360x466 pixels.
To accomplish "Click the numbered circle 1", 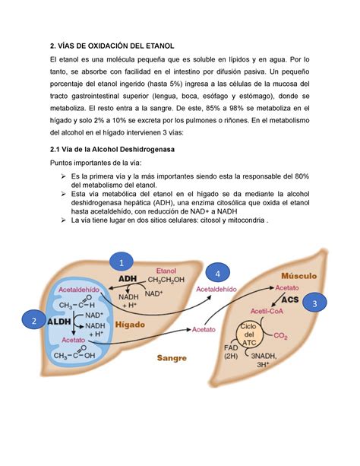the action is pyautogui.click(x=118, y=262).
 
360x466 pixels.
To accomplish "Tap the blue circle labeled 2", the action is pyautogui.click(x=33, y=321).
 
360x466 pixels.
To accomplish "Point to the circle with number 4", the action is pyautogui.click(x=218, y=272).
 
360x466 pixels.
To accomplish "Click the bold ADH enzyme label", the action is pyautogui.click(x=128, y=279).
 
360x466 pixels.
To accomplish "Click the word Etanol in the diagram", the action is pyautogui.click(x=166, y=270).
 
